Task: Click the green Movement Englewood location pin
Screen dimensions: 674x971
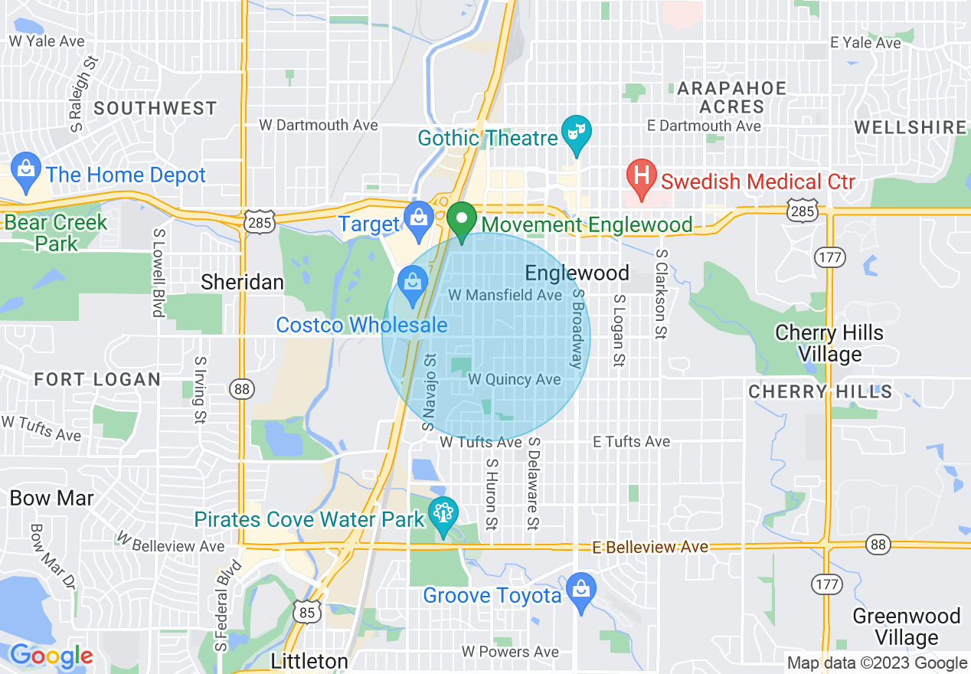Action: point(462,221)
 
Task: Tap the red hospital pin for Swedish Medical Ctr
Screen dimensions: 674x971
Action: point(641,177)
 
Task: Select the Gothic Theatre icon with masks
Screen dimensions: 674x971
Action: point(574,133)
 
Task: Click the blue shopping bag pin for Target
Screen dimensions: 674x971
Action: point(419,216)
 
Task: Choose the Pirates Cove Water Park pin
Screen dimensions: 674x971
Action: point(443,512)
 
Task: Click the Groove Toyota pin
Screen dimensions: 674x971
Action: point(581,589)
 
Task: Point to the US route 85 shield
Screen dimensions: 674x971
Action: point(307,610)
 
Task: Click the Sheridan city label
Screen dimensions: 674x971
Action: point(242,282)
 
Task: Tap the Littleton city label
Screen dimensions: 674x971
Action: point(309,661)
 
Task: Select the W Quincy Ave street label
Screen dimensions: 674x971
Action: point(514,379)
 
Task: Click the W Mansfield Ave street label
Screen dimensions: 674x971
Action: point(505,295)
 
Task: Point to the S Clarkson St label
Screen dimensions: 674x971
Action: point(659,294)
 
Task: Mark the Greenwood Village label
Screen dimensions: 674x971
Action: point(907,627)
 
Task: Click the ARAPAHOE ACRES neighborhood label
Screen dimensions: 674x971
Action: point(732,97)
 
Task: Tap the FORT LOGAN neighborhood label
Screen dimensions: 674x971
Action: point(98,379)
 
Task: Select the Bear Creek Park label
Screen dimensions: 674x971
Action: point(56,233)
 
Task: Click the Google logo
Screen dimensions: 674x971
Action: point(51,656)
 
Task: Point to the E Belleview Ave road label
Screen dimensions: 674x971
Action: point(651,547)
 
